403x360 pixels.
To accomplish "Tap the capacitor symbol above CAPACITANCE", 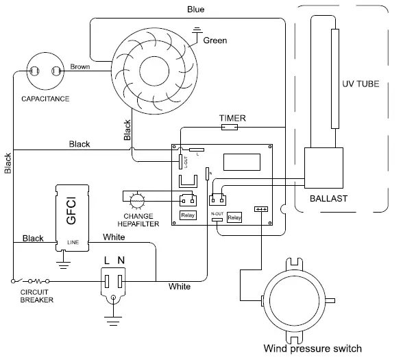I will point(42,70).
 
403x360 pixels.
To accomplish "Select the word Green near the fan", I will point(215,40).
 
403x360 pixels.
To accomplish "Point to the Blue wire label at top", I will point(196,10).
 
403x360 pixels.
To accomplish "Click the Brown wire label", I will point(80,67).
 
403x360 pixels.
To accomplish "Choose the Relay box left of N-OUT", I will point(186,215).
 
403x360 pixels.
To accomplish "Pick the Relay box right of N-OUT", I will point(234,218).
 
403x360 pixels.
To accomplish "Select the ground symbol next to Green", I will point(198,30).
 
